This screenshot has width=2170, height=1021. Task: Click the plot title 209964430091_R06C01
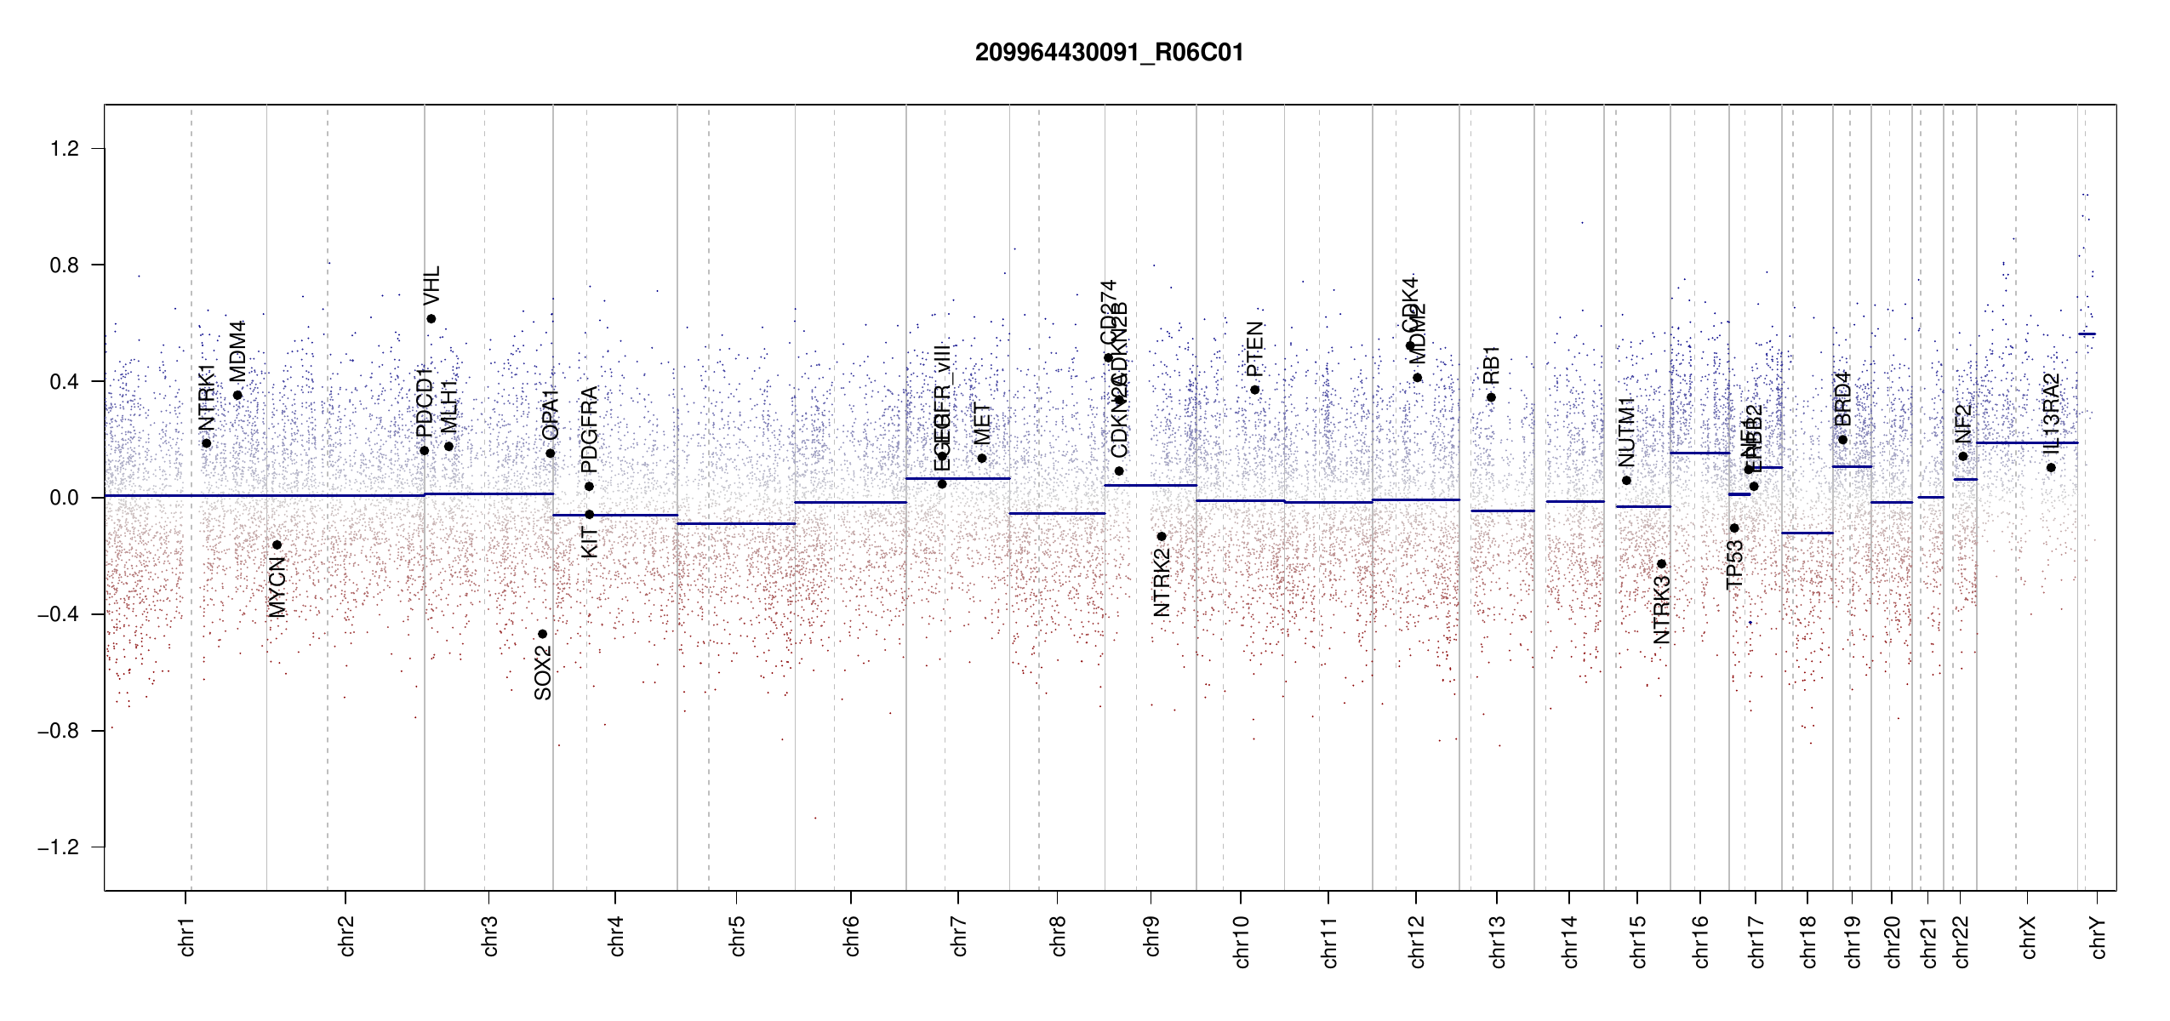click(x=1109, y=53)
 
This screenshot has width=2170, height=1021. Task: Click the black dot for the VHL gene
click(x=431, y=319)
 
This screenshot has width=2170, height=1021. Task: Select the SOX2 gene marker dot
click(x=542, y=634)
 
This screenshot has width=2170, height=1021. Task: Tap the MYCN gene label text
click(x=277, y=587)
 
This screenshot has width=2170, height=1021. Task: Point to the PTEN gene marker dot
click(x=1254, y=390)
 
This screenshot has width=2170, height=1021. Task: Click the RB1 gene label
click(x=1491, y=365)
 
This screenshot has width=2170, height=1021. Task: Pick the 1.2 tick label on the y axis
click(x=65, y=149)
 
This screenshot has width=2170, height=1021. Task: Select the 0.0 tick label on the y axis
click(x=65, y=498)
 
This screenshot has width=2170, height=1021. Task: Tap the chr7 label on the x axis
click(x=959, y=936)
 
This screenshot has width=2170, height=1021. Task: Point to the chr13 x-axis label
click(x=1497, y=941)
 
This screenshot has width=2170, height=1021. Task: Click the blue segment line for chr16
click(x=1699, y=453)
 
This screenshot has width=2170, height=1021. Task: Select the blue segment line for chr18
click(x=1807, y=533)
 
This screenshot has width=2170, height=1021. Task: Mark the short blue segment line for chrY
click(x=2087, y=334)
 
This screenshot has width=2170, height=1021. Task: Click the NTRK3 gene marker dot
click(x=1661, y=564)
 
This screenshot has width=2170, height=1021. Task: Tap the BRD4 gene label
click(x=1842, y=399)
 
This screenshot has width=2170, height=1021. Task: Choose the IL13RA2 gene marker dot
click(x=2051, y=468)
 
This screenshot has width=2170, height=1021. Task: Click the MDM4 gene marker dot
click(x=237, y=395)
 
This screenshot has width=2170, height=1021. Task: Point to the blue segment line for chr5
click(x=736, y=523)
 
